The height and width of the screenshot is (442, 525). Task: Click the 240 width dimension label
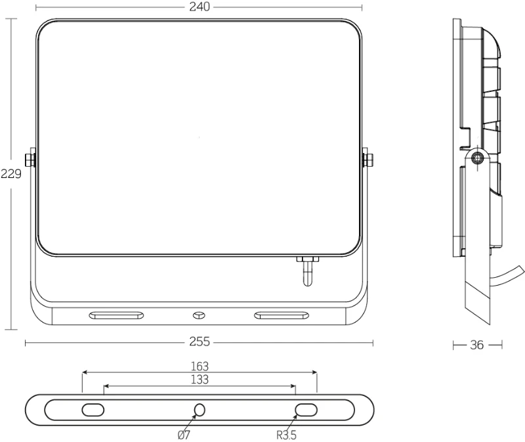[x=199, y=7]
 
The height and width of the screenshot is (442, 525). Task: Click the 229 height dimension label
[x=11, y=173]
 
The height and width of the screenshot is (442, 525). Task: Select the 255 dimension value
[x=199, y=342]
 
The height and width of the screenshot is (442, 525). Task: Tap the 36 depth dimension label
[x=477, y=345]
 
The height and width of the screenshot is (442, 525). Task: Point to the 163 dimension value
[x=199, y=366]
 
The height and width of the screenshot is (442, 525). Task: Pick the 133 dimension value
[x=199, y=380]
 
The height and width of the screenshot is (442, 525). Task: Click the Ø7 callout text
[x=184, y=435]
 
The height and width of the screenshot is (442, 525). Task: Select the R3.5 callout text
[x=286, y=435]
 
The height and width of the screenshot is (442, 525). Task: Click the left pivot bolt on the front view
[x=30, y=160]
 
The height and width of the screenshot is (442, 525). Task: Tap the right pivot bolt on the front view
[x=368, y=160]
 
